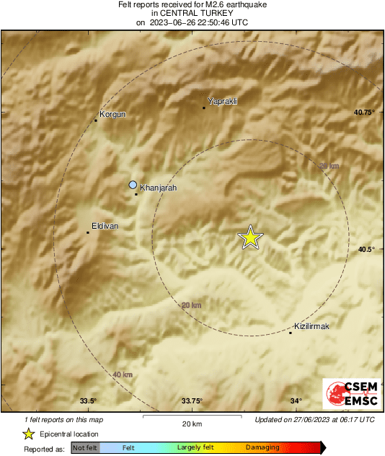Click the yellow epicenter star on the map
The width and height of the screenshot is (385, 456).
pos(250,237)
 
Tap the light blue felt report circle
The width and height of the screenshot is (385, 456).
pos(133,185)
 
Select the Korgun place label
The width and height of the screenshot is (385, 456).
pos(112,114)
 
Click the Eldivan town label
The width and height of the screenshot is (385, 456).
pos(105,226)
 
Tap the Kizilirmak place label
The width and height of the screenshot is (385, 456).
pos(311,327)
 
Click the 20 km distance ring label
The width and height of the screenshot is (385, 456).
pos(191,306)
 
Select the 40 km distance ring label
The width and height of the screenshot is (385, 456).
pos(123,374)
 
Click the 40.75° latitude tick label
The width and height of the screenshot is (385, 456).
pos(364,112)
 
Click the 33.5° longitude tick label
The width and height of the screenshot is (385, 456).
pos(88,401)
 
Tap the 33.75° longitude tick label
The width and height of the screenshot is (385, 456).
pos(191,401)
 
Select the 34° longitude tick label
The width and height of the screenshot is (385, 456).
pos(296,401)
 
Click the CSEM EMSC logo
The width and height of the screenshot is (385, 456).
pos(348,395)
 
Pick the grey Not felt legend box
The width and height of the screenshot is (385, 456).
pos(85,447)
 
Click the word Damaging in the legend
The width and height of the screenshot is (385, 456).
pos(262,447)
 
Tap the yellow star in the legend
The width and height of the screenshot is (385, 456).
pos(28,434)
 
